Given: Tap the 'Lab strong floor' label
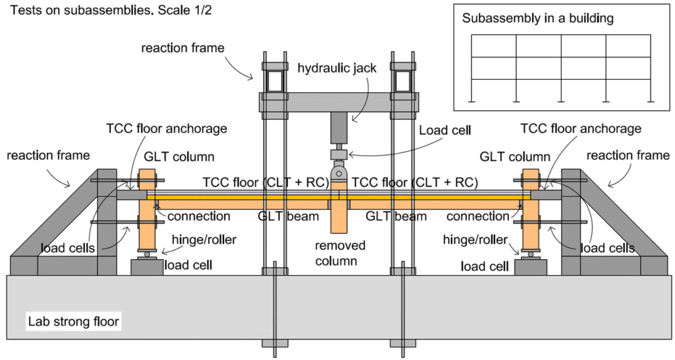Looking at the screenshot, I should (x=74, y=322).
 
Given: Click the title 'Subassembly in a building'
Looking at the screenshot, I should (x=537, y=18).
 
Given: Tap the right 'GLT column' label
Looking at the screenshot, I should (x=515, y=157).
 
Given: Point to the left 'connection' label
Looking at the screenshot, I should (x=198, y=216).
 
